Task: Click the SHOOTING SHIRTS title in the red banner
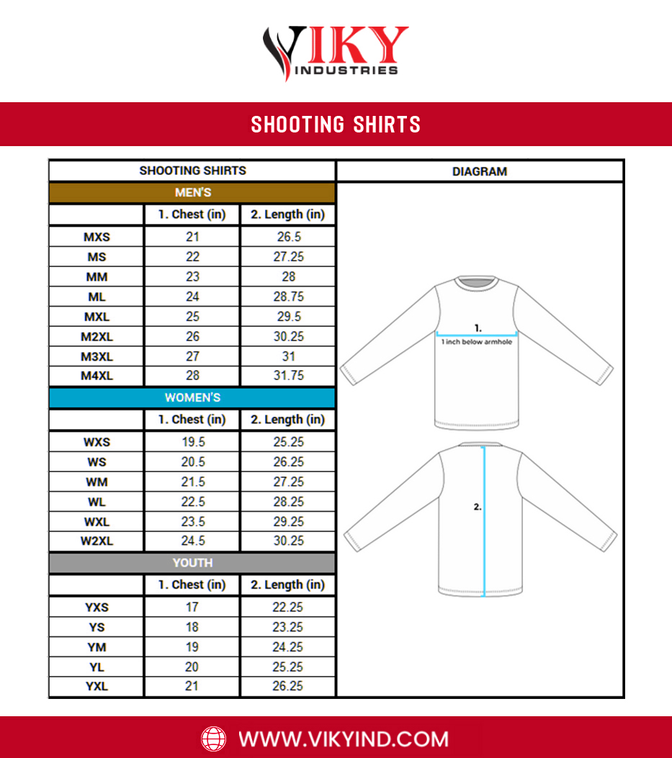(336, 125)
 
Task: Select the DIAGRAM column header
(480, 171)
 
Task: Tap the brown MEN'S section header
(192, 193)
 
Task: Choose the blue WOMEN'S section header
(192, 398)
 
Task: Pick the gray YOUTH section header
(192, 563)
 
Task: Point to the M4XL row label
(97, 376)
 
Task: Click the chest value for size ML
(192, 297)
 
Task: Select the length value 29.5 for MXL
(287, 317)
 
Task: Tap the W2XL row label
(97, 541)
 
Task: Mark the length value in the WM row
(287, 482)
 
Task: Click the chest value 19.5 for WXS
(192, 442)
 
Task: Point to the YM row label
(97, 647)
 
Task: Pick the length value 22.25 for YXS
(287, 608)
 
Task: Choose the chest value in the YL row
(192, 667)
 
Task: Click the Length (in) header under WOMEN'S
(287, 420)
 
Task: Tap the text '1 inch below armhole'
(477, 342)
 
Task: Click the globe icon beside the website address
(213, 739)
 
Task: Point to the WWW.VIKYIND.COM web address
(344, 739)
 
